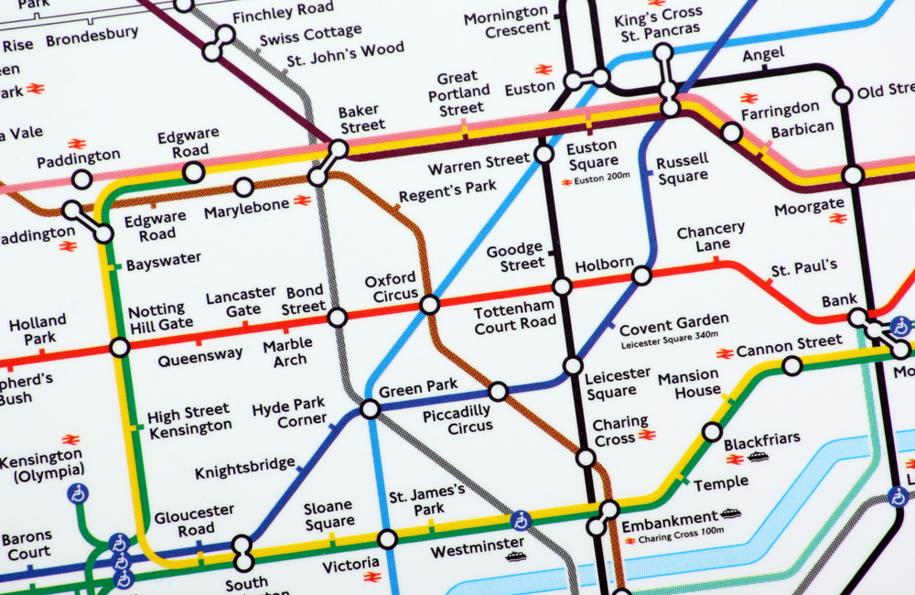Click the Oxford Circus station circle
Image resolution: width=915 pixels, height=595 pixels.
pos(429,305)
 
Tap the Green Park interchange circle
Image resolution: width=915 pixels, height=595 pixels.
pos(370,408)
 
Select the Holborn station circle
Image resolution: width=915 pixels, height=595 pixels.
pos(641,275)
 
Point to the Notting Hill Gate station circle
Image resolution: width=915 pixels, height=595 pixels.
pos(119,347)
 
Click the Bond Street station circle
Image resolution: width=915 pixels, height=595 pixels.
pos(337,318)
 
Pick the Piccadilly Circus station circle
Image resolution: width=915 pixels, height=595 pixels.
pos(498,392)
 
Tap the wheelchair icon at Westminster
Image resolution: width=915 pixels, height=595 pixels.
pos(521,521)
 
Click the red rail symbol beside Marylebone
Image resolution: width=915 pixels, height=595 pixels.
pos(302,200)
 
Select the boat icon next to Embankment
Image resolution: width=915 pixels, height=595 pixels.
pos(729,514)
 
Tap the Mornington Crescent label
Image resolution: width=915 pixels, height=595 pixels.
pos(506,22)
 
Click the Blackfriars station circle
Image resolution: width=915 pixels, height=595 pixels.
pos(712,432)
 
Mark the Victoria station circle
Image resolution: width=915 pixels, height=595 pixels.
pos(388,538)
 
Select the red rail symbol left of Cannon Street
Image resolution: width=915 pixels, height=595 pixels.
pos(725,352)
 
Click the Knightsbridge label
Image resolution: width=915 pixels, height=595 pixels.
pos(244,469)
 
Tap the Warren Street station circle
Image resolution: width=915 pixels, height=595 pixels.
pos(544,154)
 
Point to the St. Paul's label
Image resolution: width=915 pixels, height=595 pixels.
pos(803,267)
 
